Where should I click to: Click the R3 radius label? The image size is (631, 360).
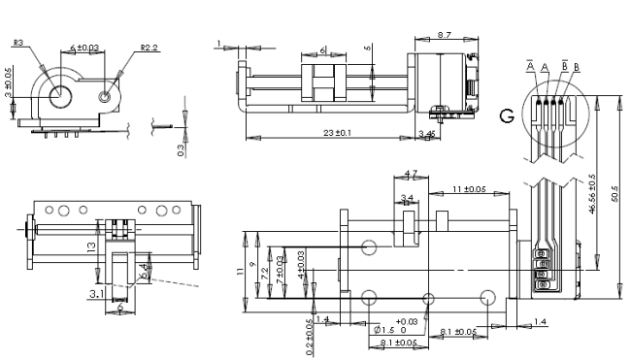coord(19,43)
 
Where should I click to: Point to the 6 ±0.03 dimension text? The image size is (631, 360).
coord(84,47)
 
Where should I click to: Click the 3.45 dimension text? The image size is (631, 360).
coord(426,132)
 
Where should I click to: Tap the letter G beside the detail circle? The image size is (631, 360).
coord(506,115)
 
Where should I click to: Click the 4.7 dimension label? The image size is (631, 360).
coord(410,175)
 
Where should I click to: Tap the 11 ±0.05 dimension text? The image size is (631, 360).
coord(469,189)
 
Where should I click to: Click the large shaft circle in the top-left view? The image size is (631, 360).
coord(58,95)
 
